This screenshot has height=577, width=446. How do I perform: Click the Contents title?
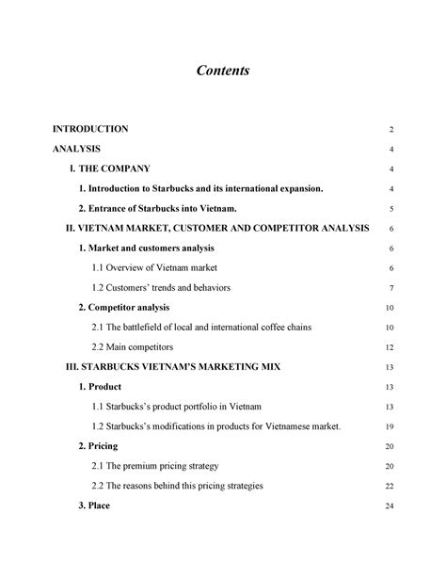coord(223,71)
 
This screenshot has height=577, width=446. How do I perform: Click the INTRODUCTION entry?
coord(90,128)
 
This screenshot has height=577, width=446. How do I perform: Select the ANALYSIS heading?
coord(77,149)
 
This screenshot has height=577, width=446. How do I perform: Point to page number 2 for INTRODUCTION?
coord(390,129)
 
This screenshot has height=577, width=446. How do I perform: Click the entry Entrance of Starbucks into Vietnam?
coord(157,208)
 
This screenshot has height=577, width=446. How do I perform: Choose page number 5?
coord(390,209)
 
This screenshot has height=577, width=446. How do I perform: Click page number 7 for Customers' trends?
coord(390,288)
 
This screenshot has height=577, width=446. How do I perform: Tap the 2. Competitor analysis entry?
coord(124,308)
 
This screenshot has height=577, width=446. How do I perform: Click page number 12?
coord(390,347)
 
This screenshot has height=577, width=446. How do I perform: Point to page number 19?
coord(390,427)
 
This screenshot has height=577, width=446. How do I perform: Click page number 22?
coord(390,487)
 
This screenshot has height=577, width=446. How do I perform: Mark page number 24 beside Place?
coord(390,507)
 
